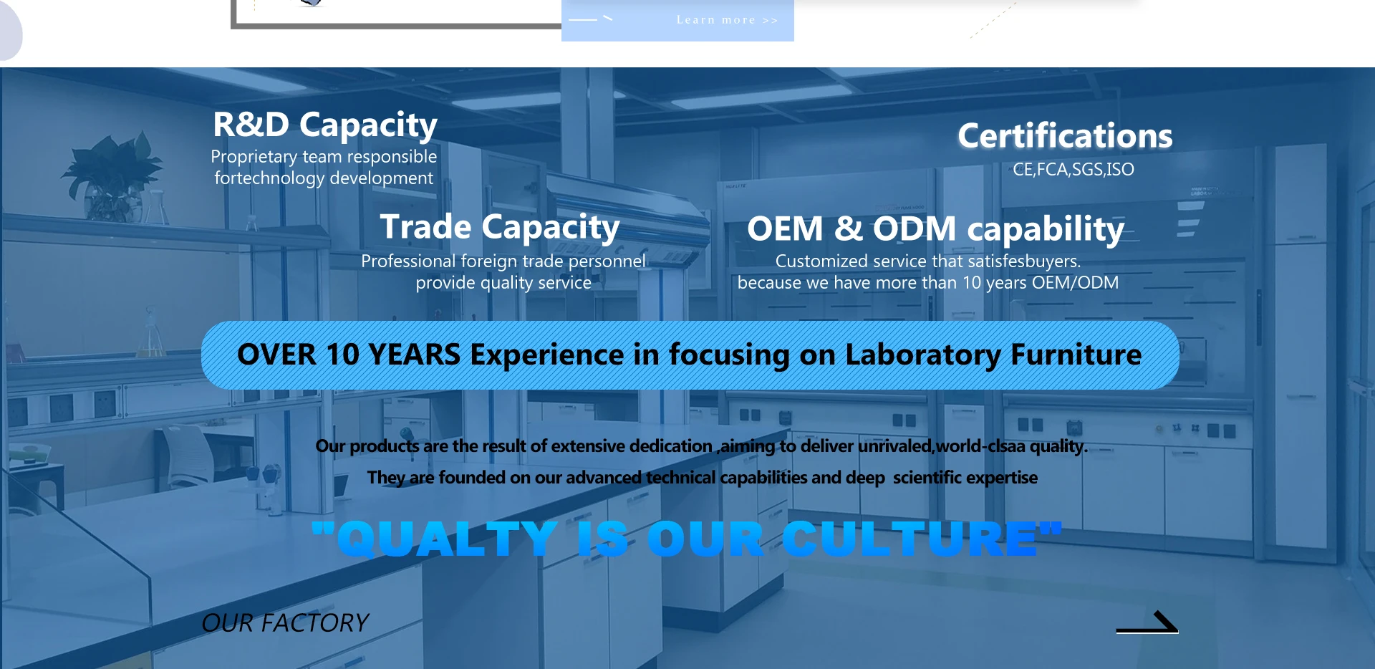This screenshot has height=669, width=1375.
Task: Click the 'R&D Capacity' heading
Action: point(325,125)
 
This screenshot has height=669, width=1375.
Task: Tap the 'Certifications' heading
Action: point(1065,135)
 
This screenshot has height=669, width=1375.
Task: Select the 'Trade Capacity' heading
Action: point(500,227)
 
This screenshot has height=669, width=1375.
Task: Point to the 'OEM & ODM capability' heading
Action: point(935,228)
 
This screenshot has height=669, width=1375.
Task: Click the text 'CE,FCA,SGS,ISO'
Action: point(1074,169)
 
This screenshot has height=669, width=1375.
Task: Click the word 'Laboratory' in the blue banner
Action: point(923,355)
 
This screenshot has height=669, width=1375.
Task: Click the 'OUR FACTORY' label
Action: point(285,623)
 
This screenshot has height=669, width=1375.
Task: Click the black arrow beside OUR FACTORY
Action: point(1147,622)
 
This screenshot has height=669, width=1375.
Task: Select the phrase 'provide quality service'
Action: point(503,283)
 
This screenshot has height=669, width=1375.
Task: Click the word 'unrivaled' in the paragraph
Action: point(895,446)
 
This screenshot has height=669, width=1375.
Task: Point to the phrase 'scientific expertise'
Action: point(965,477)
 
